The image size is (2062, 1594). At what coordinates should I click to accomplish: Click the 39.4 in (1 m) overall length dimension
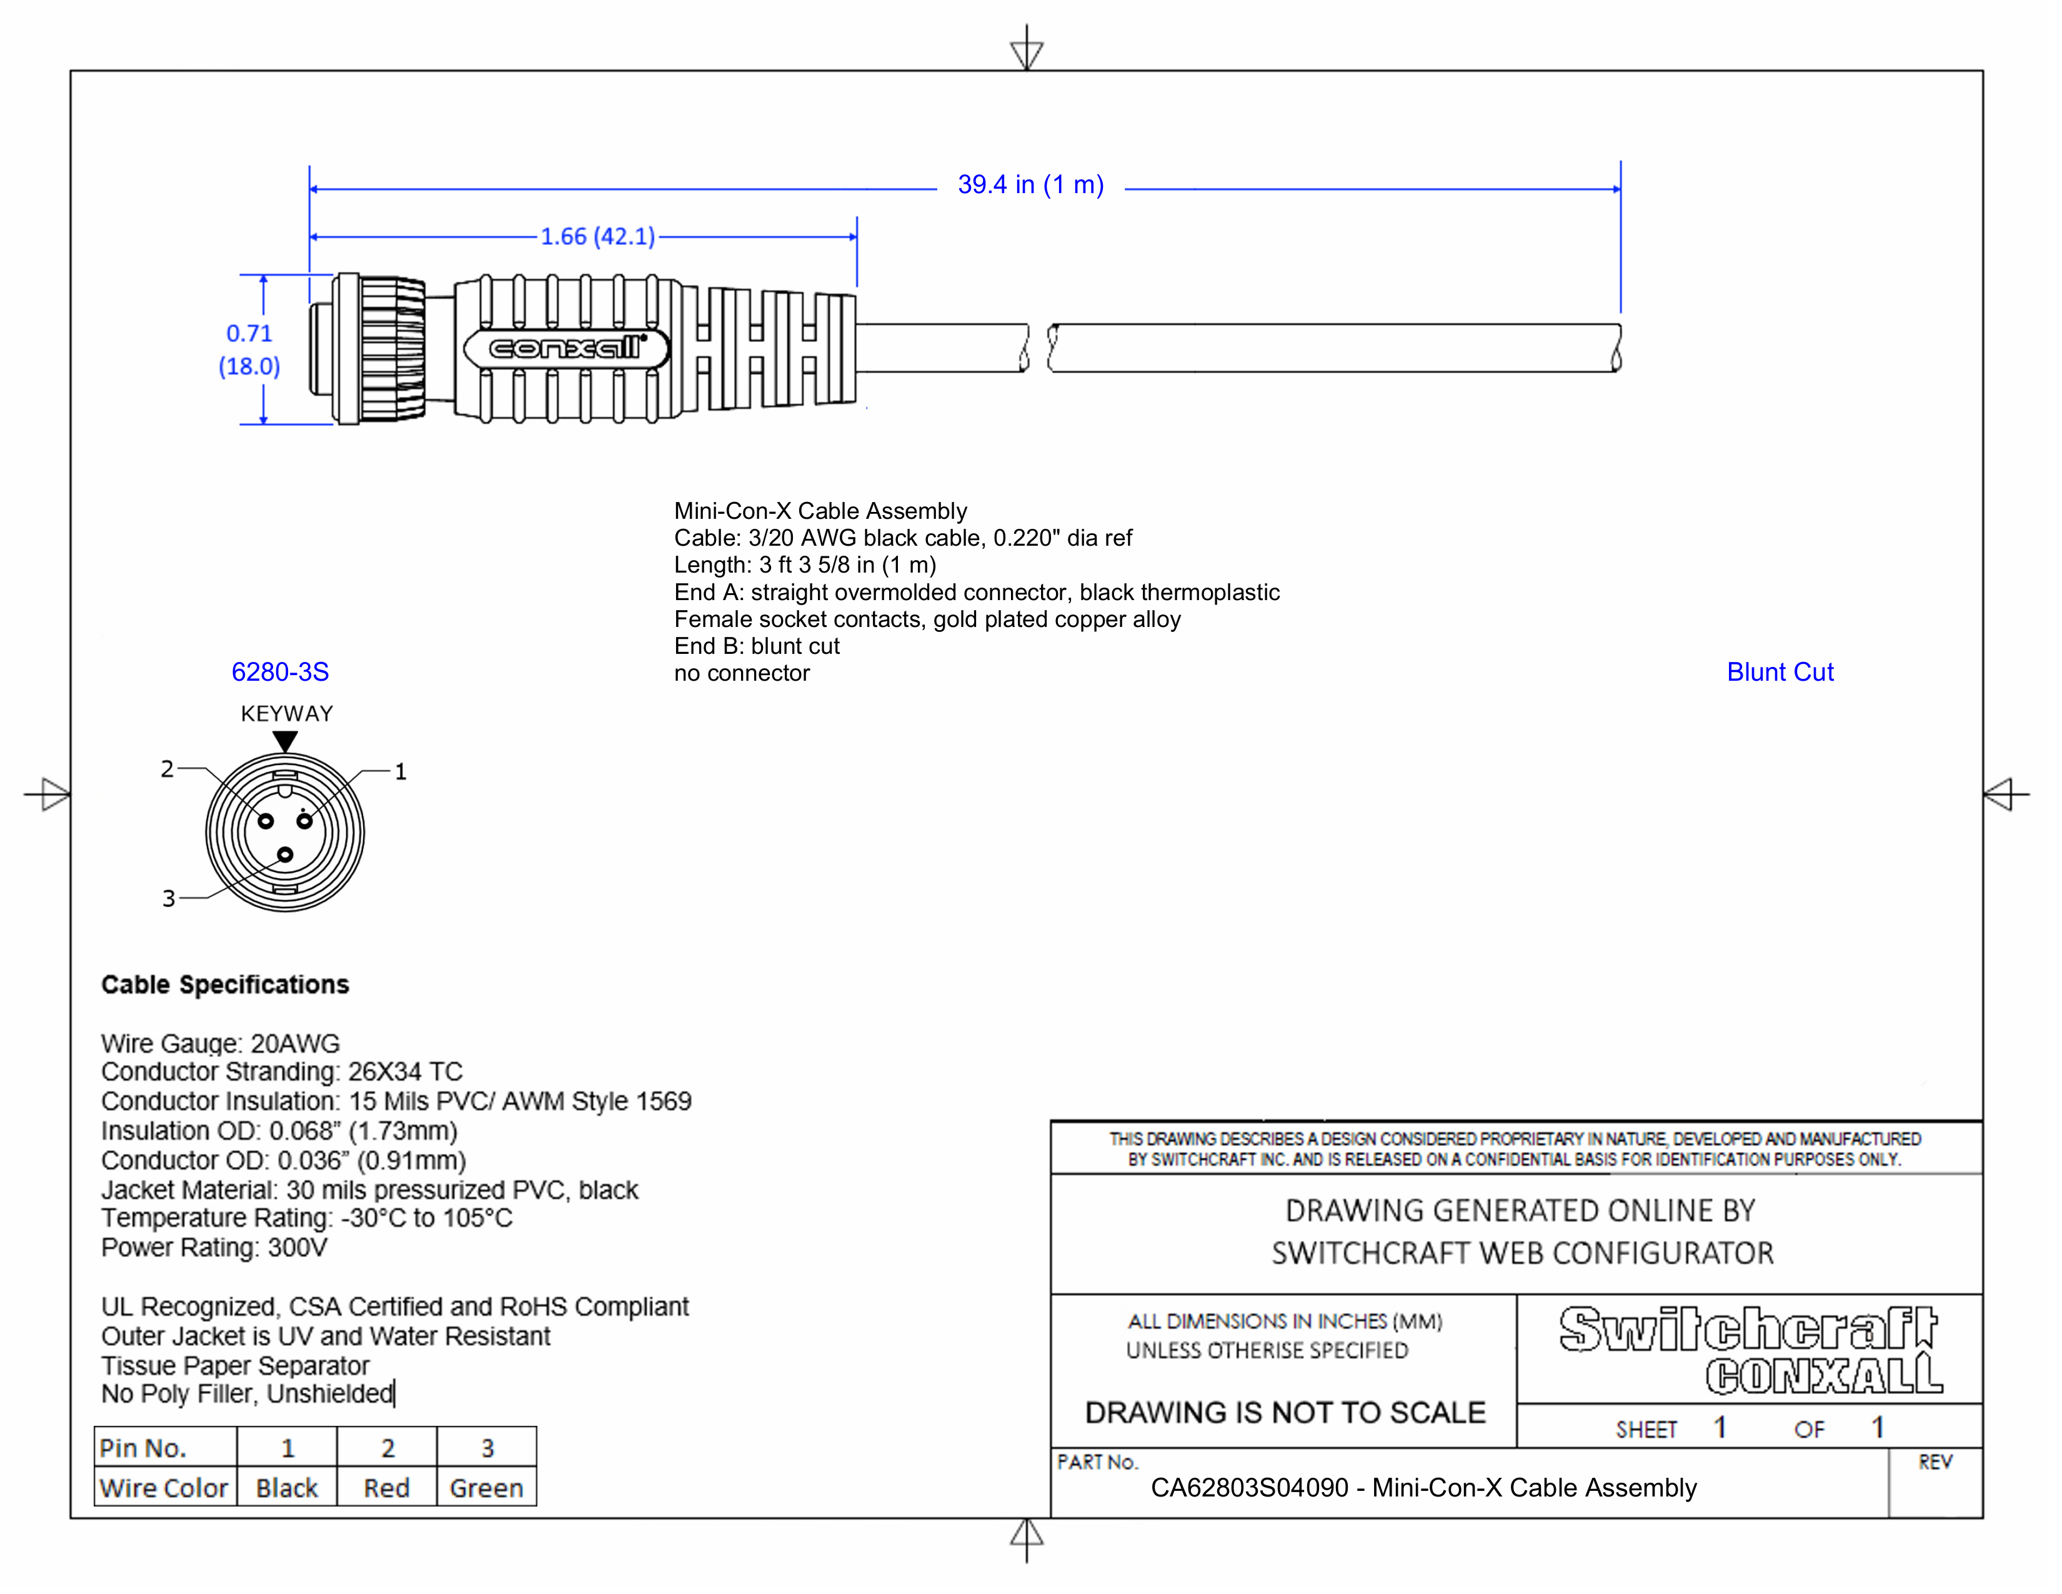pos(1030,185)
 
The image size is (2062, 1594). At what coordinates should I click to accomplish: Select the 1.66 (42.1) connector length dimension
pos(597,236)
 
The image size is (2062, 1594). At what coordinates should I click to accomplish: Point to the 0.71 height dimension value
pos(249,333)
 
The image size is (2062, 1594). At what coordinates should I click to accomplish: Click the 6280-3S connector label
pos(281,673)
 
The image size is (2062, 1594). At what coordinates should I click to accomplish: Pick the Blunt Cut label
pos(1780,673)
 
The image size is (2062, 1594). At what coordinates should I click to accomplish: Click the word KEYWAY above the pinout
pos(287,714)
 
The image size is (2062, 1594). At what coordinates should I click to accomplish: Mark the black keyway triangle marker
pos(285,741)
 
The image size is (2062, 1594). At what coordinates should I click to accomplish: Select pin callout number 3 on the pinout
pos(169,898)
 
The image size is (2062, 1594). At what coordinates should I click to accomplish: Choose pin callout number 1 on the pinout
pos(401,771)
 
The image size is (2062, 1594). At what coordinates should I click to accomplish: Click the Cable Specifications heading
pos(225,985)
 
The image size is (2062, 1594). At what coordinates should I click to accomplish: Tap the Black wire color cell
pos(287,1488)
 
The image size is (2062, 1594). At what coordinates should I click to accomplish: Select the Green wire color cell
pos(486,1488)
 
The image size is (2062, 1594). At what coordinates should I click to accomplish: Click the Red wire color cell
pos(387,1488)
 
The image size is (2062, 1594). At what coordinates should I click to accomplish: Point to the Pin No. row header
pos(144,1448)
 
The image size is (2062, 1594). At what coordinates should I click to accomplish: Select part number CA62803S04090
pos(1249,1488)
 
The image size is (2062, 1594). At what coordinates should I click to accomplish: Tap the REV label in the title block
pos(1935,1463)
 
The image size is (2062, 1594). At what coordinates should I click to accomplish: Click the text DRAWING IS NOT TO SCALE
pos(1285,1413)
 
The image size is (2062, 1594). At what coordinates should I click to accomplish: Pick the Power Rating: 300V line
pos(214,1248)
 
